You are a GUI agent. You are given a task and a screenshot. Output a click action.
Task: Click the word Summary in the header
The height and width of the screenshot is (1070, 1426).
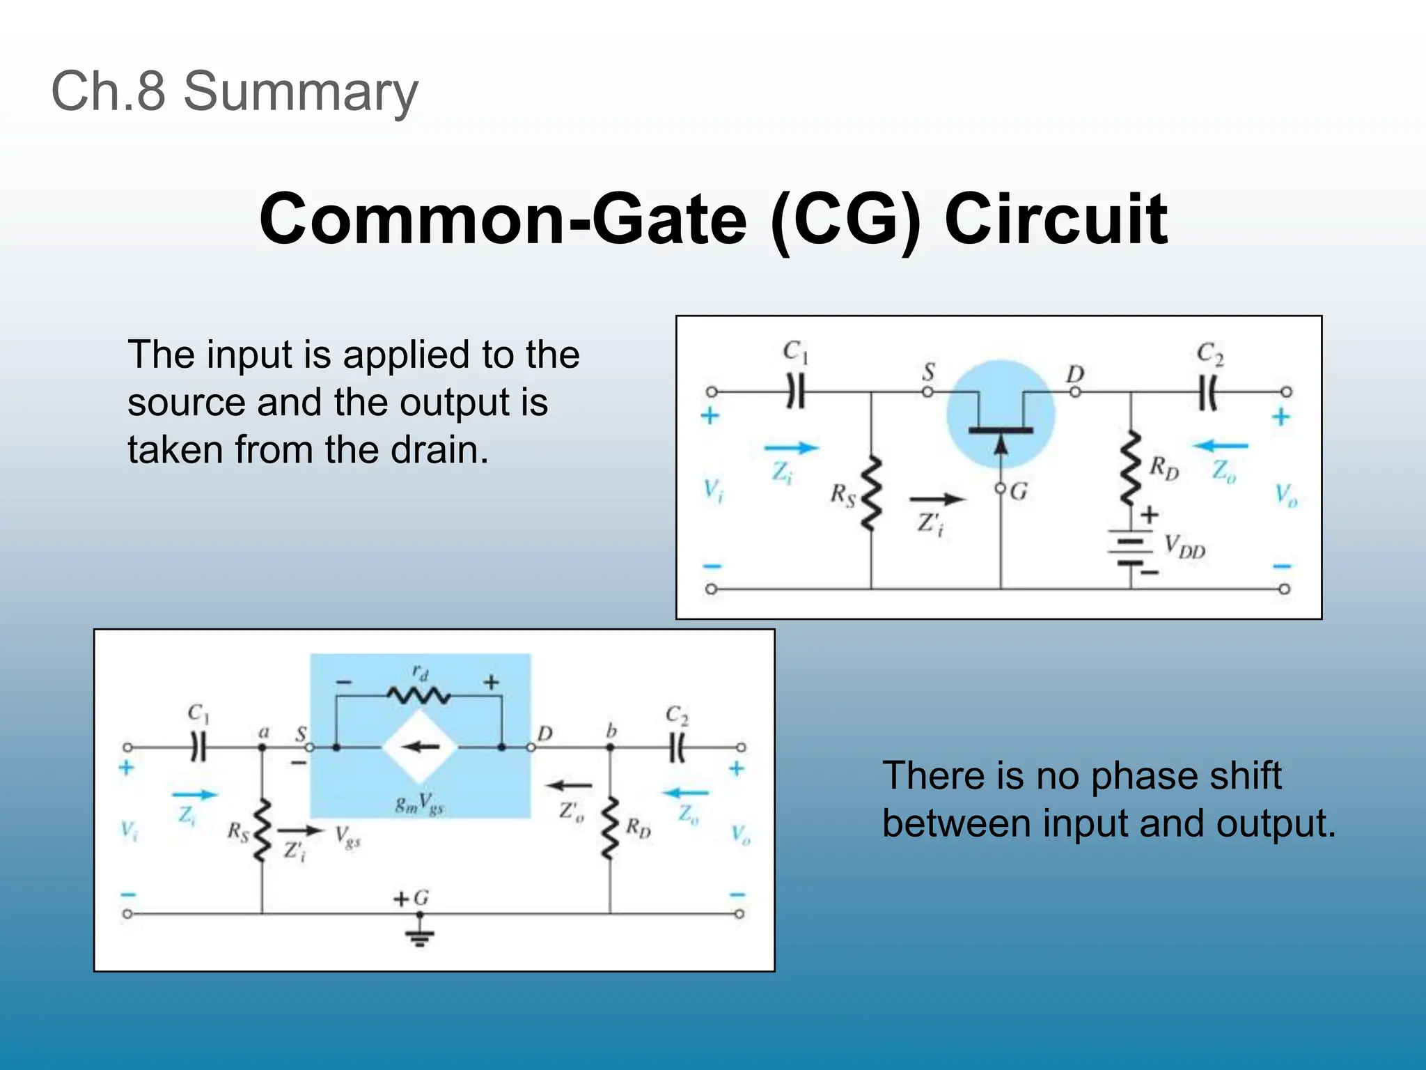coord(301,91)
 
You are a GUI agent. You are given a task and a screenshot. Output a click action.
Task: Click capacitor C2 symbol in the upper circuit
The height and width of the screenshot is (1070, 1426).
coord(1208,394)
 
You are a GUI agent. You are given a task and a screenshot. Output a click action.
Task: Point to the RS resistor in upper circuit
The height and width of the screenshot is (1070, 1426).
coord(870,494)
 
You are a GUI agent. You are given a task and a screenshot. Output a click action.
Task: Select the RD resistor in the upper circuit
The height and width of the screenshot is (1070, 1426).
coord(1131,467)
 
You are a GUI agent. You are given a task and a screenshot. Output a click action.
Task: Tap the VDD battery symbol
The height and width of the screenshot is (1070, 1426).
coord(1131,550)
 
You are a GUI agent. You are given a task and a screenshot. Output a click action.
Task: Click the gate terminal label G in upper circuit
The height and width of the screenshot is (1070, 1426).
coord(1019,492)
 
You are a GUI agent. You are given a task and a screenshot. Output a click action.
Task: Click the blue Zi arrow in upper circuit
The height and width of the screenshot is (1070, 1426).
coord(791,448)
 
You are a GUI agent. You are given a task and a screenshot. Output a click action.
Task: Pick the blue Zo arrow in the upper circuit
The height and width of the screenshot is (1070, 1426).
coord(1221,446)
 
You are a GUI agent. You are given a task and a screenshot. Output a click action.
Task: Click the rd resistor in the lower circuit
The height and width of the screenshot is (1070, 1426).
coord(418,695)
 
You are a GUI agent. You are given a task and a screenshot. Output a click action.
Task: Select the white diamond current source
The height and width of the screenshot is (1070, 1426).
coord(420,747)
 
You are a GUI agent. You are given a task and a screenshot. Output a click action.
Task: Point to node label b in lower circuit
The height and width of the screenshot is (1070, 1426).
coord(611,730)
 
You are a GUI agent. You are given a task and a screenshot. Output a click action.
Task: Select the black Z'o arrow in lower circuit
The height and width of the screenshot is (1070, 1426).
coord(568,786)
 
